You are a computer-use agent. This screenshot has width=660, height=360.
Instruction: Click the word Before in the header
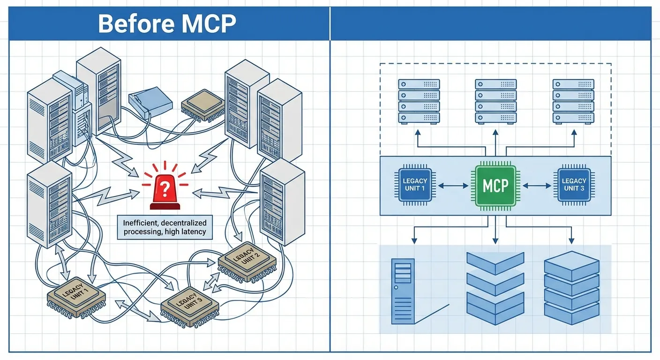[x=132, y=23]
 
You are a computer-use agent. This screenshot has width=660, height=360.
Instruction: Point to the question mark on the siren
[x=164, y=190]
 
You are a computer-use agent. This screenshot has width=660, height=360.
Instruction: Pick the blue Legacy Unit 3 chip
[x=574, y=185]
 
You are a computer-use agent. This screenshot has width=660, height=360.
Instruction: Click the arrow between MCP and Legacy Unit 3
[x=537, y=186]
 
